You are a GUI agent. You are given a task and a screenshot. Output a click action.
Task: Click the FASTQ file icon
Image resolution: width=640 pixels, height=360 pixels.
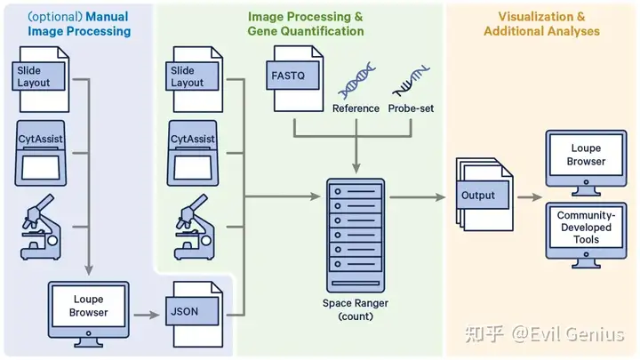pos(295,78)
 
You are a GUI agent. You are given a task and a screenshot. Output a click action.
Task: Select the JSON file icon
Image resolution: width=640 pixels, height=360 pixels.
pos(195,315)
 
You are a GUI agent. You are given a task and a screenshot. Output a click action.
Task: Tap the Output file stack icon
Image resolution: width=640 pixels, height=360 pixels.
pos(484,195)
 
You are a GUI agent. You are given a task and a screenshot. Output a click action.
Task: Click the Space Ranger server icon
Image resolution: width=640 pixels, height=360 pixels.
pos(356,235)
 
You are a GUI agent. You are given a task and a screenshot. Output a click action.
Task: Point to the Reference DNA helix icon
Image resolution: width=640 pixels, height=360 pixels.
pos(356,80)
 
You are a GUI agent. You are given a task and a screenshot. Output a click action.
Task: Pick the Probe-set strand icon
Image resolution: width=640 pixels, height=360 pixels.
pos(411,80)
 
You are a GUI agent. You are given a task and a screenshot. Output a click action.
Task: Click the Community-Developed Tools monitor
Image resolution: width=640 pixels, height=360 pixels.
pos(586,236)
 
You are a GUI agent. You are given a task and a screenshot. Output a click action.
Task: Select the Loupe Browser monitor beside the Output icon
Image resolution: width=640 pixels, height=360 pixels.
pos(586,163)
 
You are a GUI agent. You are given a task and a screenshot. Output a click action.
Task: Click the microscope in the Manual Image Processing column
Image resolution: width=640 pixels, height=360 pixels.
pos(41,227)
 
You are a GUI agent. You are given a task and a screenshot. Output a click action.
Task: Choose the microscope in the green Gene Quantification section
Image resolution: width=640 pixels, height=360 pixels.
pos(195,227)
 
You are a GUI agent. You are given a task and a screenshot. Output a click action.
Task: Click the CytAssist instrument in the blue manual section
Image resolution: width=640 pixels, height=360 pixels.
pos(41,153)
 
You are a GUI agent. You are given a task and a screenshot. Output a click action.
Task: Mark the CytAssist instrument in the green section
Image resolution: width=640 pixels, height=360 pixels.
pos(193,153)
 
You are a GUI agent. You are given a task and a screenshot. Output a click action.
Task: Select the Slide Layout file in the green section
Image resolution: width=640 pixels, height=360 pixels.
pos(195,79)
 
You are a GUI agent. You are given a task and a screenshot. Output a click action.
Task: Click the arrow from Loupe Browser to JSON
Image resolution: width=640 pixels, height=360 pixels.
pos(147,315)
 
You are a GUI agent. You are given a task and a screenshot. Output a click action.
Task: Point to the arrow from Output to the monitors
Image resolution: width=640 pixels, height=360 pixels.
pos(530,197)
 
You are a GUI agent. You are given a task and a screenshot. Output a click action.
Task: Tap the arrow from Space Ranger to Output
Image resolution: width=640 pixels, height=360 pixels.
pos(418,197)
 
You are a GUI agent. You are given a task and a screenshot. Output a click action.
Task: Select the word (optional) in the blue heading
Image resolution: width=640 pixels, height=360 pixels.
pos(55,17)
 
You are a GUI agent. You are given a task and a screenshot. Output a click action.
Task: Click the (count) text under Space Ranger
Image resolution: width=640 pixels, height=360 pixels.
pos(356,316)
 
